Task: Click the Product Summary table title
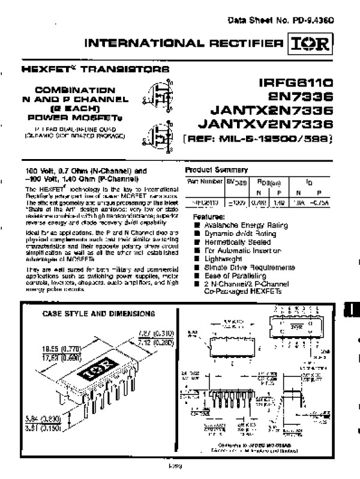pyautogui.click(x=216, y=170)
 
